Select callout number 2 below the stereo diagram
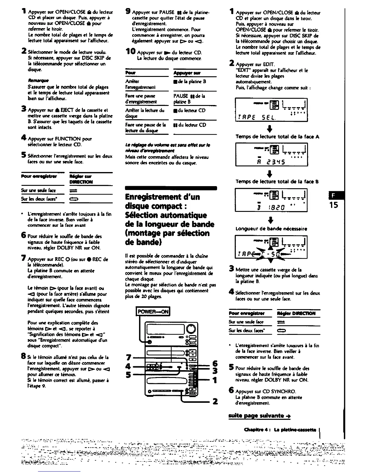pos(215,401)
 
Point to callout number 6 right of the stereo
pos(215,364)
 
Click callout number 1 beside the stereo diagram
pos(215,380)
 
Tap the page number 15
pos(334,205)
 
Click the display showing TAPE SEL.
pos(272,110)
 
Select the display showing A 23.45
pos(272,154)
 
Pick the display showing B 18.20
pos(272,200)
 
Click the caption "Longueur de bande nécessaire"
pos(271,229)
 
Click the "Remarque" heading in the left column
pos(35,80)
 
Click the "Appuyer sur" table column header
pos(187,73)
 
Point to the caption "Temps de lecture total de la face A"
pos(277,137)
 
